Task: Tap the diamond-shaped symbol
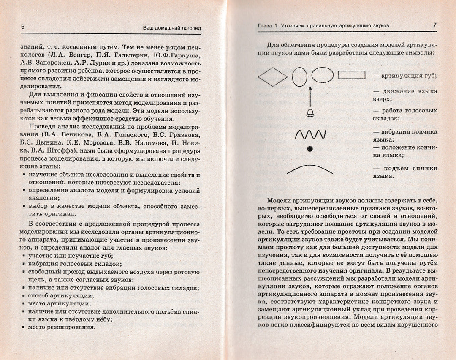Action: [272, 76]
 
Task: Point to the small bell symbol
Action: [310, 112]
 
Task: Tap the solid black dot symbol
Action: [310, 148]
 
